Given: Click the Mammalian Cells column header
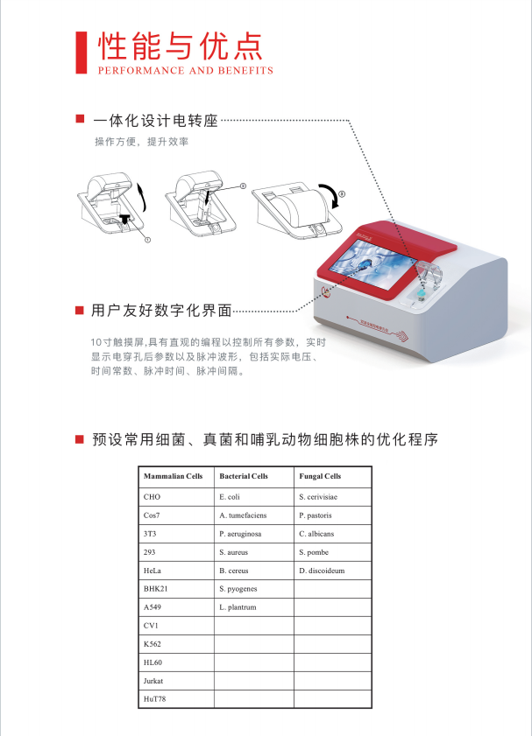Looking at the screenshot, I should coord(173,476).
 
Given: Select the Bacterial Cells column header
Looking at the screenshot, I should coord(244,476).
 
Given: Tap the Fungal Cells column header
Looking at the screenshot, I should coord(320,476).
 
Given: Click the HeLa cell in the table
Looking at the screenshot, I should coord(153,570).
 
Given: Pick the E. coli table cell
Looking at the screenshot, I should coord(231,496).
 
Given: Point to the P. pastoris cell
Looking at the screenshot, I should coord(316,515).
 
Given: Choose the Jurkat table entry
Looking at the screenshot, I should coord(154,680).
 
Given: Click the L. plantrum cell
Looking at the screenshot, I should coord(238,606).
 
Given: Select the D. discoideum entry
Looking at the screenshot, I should coord(322,570).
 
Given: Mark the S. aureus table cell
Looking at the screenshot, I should coord(234,551).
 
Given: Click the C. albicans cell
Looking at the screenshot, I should coord(316,533).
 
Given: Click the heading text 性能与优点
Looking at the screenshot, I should coord(180,46).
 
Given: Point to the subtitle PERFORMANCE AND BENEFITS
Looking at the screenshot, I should coord(185,71).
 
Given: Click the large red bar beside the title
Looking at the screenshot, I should coord(82,52).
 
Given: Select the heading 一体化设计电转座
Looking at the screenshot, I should coord(155,121).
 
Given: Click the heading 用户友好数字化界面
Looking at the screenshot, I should coord(161,310).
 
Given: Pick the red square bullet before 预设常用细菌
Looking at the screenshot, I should coord(79,438).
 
